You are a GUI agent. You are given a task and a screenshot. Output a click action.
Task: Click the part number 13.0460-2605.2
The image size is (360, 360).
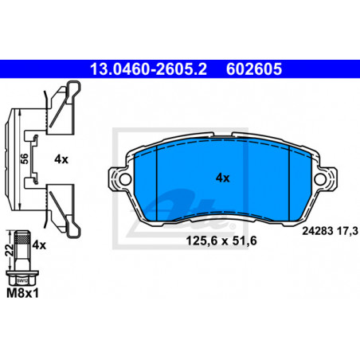pos(148,69)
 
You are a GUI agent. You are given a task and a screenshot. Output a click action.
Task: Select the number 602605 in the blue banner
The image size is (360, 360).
pos(254,69)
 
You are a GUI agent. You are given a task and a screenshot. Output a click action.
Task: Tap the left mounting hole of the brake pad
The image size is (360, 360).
pos(125,179)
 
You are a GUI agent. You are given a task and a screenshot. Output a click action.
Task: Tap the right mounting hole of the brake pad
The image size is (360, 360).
pos(320,178)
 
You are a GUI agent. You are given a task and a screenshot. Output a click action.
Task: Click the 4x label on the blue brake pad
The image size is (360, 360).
pos(222,178)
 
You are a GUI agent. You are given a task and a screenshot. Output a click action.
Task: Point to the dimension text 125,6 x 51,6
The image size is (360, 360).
pos(221,241)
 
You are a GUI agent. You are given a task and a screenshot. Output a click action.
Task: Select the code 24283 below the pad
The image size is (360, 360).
pos(318,231)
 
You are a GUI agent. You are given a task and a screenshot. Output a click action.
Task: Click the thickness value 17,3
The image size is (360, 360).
pos(347,231)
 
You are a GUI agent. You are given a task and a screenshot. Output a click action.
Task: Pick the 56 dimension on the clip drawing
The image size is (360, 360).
pos(24,158)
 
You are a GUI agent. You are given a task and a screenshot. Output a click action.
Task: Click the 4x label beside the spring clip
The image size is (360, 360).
pos(61,159)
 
